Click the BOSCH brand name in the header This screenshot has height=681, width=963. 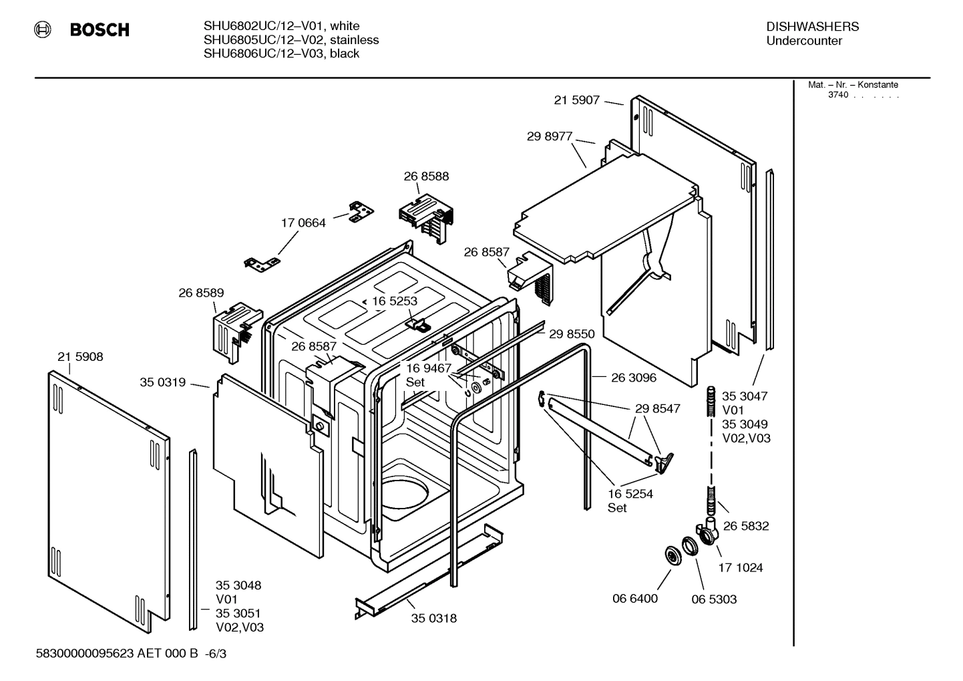coord(100,30)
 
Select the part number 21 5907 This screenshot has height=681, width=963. coord(576,100)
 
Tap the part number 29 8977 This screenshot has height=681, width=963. coord(549,136)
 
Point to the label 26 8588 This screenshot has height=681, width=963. coord(426,176)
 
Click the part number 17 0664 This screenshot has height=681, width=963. coord(303,223)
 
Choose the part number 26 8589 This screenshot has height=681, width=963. coord(201,293)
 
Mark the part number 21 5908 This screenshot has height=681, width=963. coord(80,357)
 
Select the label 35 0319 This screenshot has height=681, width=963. coord(162,382)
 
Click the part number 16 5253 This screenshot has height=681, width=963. coord(394,301)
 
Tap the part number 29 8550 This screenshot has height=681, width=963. coord(572,334)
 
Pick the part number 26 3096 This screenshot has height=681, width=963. coord(634,378)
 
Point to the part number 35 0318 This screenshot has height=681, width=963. coord(434,618)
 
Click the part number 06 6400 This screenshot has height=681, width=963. coord(635,598)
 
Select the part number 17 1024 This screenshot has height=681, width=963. coord(741,567)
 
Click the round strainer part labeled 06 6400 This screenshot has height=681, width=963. coord(670,556)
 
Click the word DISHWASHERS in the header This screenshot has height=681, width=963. coord(812,27)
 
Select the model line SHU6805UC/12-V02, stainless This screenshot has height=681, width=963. coord(291,40)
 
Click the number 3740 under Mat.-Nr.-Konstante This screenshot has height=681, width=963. coord(837,95)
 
